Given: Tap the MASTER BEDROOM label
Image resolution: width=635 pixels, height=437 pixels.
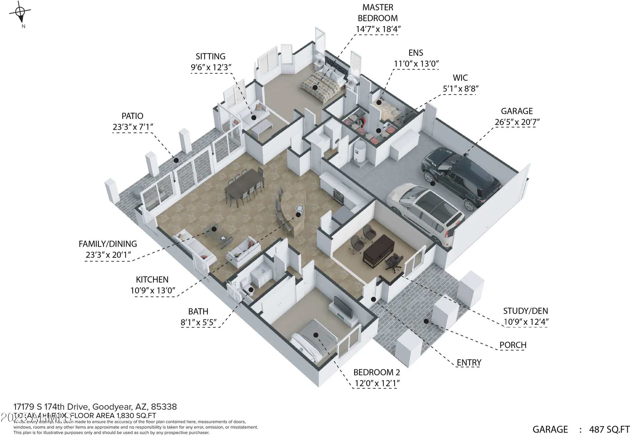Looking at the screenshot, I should point(378,13).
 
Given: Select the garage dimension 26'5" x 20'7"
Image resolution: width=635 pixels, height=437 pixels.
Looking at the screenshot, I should point(517,122).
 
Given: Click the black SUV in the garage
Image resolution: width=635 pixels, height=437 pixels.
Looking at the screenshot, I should point(460,176).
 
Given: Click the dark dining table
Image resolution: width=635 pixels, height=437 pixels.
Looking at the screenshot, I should point(243,184).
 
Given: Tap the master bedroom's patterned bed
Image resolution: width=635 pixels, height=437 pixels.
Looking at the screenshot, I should point(321,86).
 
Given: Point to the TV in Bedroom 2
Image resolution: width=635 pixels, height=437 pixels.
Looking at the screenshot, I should point(343,307).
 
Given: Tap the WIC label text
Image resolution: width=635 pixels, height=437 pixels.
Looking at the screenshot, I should point(460,78).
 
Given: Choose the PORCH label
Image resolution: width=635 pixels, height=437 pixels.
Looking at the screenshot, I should point(513,345).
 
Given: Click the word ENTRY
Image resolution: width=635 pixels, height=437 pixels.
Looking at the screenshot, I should point(469,363).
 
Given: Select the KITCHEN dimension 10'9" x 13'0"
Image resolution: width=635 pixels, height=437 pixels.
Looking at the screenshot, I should point(153,290).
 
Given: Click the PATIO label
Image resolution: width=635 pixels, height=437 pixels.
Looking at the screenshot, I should point(132,116).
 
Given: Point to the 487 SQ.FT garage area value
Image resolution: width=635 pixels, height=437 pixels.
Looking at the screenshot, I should point(609,429).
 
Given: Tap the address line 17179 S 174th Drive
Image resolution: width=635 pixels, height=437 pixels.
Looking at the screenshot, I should point(95,407).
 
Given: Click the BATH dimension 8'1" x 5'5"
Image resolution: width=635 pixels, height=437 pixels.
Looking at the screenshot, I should point(198,323).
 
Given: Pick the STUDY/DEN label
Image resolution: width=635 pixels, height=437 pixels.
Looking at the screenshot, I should point(525,311).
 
